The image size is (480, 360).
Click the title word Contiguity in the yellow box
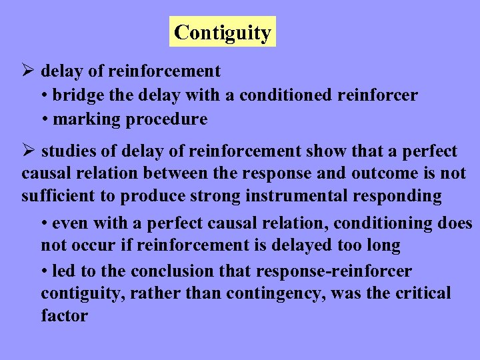click(223, 32)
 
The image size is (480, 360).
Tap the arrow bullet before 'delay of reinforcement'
click(27, 71)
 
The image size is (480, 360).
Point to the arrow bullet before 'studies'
click(27, 151)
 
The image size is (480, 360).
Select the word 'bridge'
click(78, 95)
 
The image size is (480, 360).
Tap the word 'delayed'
click(301, 245)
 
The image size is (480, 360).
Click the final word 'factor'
click(64, 315)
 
